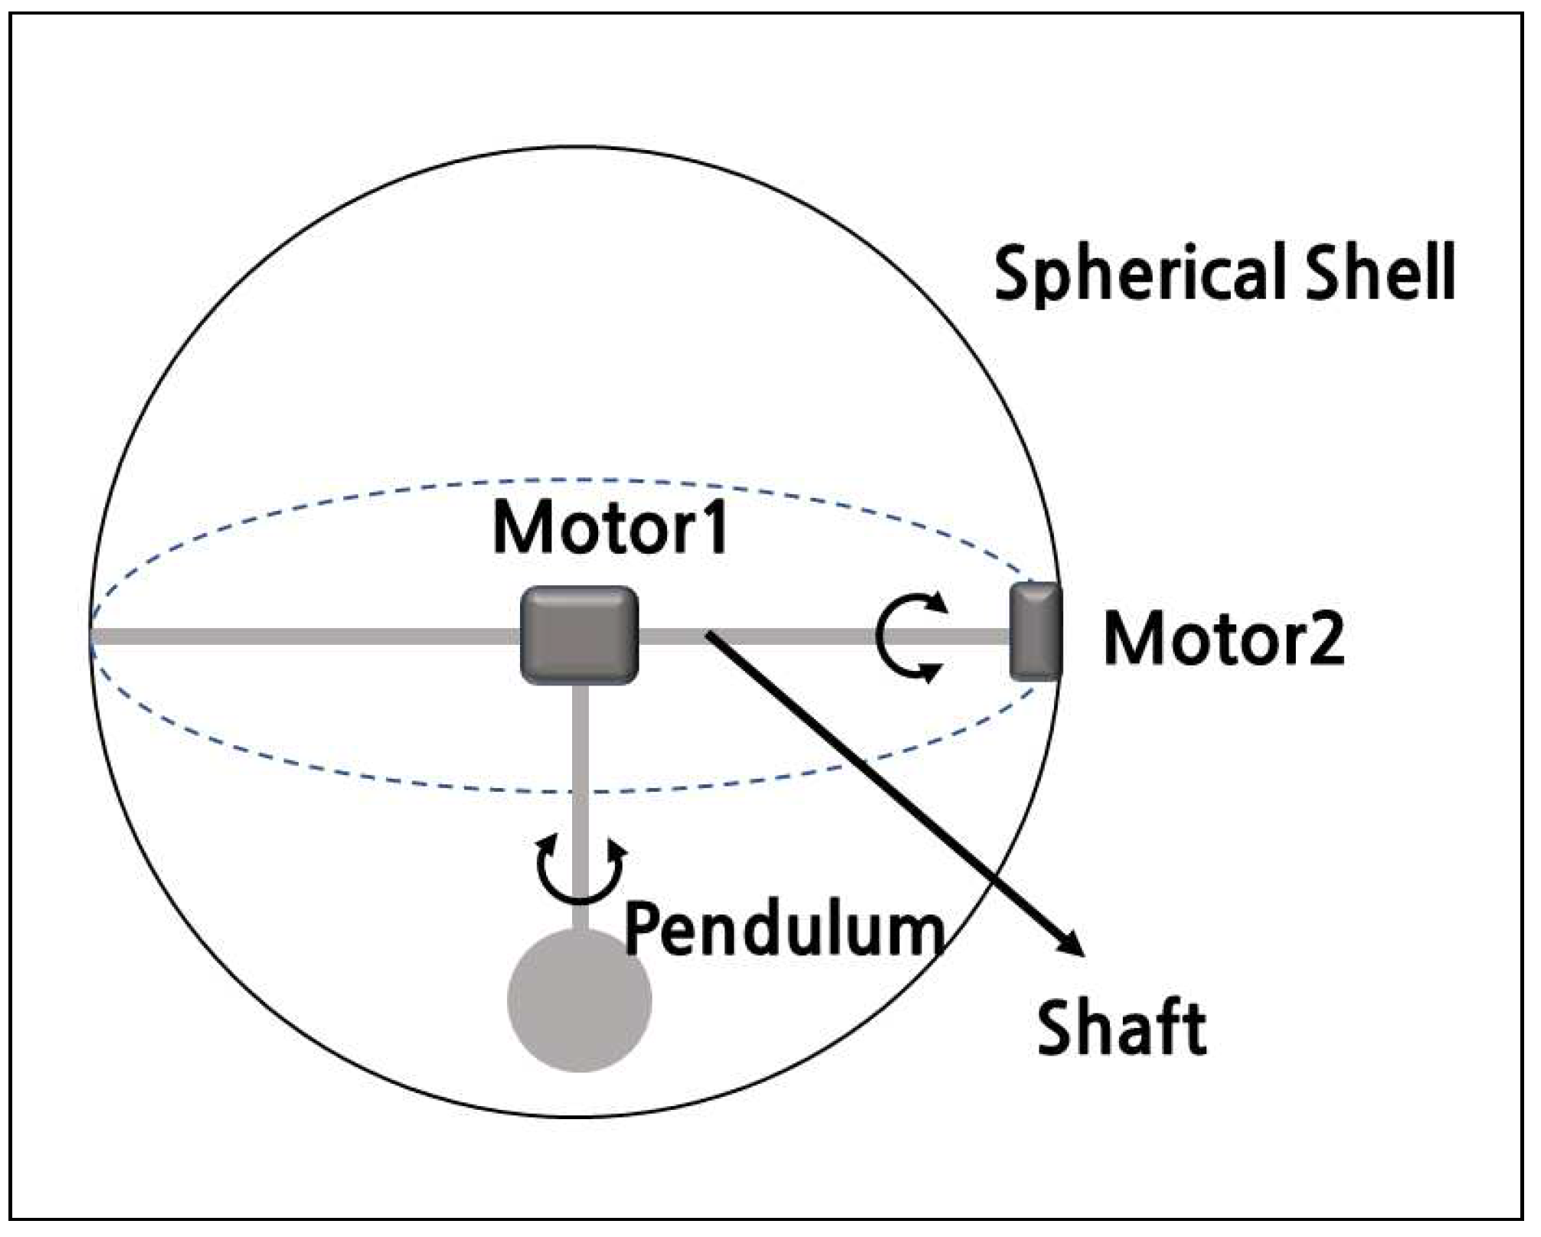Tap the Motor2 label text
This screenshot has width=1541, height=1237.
(1223, 640)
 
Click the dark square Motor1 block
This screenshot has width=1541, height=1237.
(579, 635)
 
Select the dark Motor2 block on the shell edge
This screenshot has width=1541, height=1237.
(1036, 632)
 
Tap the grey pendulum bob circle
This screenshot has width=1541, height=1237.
(580, 1000)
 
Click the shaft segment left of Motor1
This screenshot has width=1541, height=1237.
(306, 636)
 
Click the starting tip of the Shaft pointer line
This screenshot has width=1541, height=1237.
(708, 633)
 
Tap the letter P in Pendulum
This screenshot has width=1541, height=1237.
(645, 929)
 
